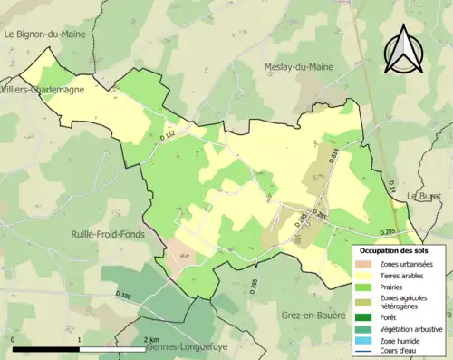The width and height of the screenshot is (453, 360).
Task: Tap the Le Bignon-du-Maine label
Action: pyautogui.click(x=43, y=34)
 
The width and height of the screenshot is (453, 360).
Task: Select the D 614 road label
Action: pyautogui.click(x=333, y=158)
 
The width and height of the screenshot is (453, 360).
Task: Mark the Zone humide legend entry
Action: pyautogui.click(x=401, y=341)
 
